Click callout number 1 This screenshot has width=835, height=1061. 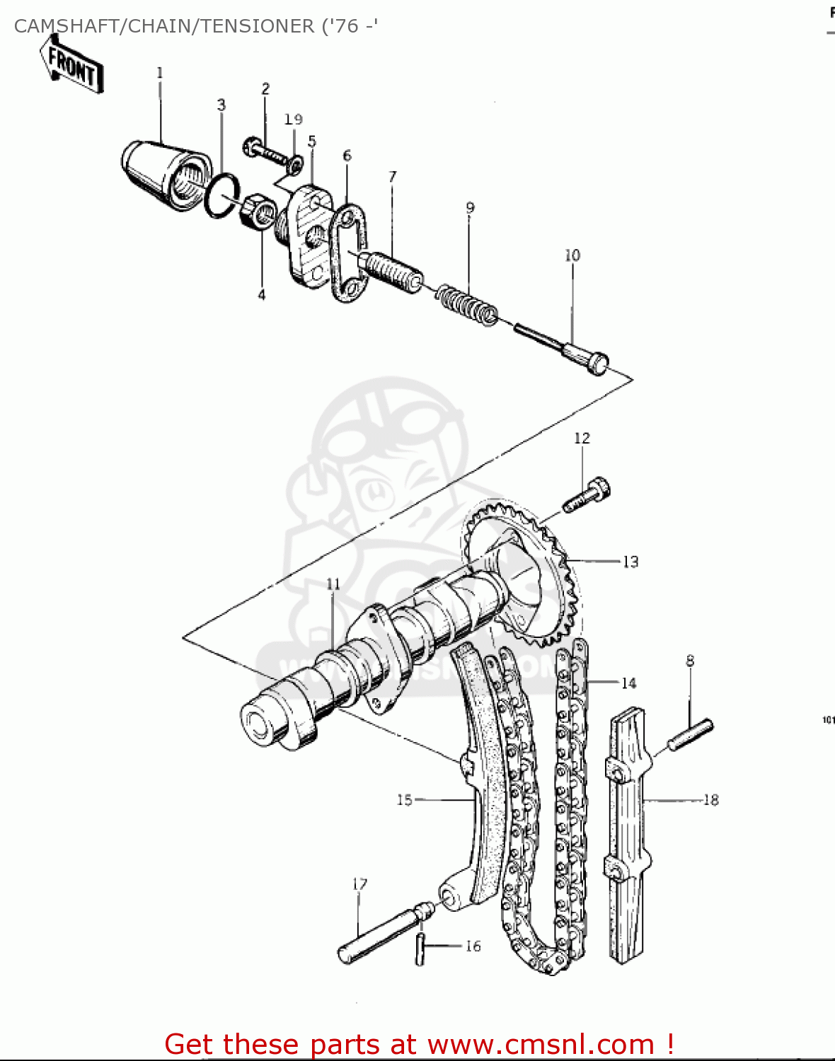point(160,73)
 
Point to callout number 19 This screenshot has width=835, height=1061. point(294,120)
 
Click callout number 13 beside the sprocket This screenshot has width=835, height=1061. point(630,562)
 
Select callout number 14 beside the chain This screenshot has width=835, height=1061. point(629,683)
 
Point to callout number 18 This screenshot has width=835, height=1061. point(710,800)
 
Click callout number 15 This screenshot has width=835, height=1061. point(404,800)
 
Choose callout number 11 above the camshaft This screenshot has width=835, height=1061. point(333,584)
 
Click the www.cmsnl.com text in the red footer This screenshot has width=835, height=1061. point(541,1044)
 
